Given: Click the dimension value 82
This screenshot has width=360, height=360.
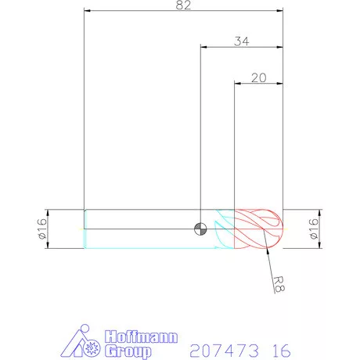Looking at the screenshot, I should [182, 5].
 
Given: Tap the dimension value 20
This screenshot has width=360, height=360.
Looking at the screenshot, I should [258, 77].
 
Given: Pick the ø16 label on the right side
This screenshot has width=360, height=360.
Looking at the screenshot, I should [313, 229].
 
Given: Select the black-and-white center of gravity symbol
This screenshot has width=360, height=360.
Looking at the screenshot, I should [201, 229].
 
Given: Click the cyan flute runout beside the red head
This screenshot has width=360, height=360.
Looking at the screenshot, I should [225, 229].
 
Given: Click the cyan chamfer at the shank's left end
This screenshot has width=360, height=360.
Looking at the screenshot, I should [85, 229].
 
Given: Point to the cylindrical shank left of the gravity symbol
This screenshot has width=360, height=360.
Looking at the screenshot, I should [141, 229].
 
